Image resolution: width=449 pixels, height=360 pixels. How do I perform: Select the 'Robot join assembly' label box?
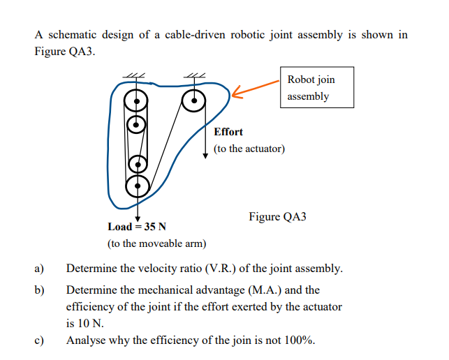(x=316, y=87)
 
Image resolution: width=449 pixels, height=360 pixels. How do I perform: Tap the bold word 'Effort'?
(x=228, y=132)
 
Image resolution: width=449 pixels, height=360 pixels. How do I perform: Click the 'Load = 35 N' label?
(x=137, y=227)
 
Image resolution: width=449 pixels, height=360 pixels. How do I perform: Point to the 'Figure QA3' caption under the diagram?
(x=277, y=217)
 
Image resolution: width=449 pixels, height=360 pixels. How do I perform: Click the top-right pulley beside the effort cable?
(x=193, y=101)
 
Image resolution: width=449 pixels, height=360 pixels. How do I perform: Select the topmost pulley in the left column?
(x=137, y=99)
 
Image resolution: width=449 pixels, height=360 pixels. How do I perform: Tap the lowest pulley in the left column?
(x=137, y=185)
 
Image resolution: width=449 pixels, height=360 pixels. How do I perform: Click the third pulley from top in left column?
(x=138, y=164)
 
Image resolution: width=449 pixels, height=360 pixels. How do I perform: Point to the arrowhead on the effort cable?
(x=205, y=156)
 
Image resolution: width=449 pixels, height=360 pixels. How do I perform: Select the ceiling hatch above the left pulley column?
(x=133, y=77)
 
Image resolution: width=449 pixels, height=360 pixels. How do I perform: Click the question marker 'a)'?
(x=40, y=269)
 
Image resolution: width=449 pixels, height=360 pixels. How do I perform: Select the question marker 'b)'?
(x=40, y=290)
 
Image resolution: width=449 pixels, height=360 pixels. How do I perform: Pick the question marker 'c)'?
(x=40, y=340)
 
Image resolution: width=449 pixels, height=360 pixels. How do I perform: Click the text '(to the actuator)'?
(x=249, y=149)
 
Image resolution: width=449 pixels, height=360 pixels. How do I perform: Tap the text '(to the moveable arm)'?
(x=156, y=243)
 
